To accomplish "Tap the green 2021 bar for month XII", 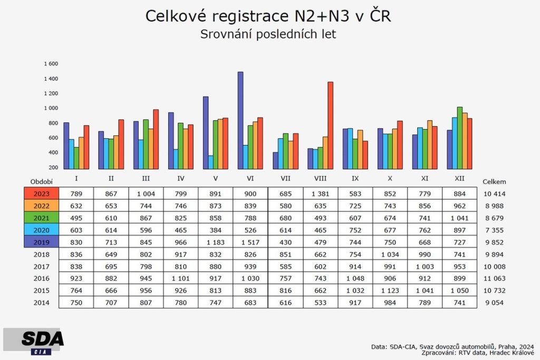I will coord(460,138).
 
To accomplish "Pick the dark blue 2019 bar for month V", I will coord(206,132).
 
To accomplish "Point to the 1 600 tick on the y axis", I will coord(51,64).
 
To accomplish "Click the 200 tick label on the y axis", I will coord(53,168).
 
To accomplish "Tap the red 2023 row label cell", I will coord(41,193).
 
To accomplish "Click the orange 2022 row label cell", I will coord(41,206).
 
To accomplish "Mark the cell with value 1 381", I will coord(321,193).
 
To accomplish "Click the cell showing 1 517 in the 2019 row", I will coord(251,242).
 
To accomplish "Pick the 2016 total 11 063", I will coord(494,278).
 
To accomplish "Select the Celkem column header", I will coord(494,181).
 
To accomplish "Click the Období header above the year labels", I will coord(41,181).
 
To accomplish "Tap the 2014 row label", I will coord(41,303).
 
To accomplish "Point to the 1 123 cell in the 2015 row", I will coord(390,290).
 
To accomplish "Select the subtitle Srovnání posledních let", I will coord(268,35).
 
